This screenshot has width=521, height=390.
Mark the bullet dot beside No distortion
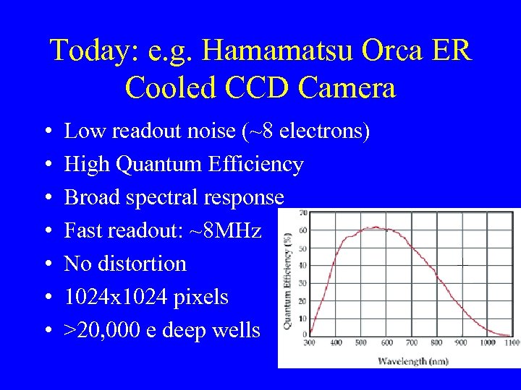point(47,264)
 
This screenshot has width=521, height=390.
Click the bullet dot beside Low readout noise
point(47,132)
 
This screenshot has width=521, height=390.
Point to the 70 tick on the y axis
point(302,214)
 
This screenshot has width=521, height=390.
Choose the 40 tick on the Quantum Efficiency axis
point(302,265)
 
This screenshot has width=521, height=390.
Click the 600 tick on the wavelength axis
point(386,342)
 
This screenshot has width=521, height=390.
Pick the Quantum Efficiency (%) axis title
point(289,282)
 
